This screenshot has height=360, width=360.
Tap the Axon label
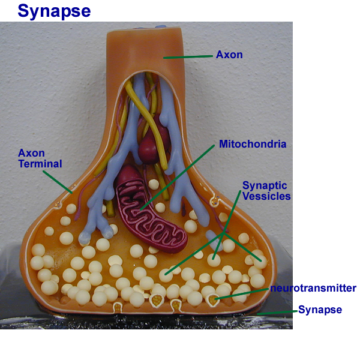[229, 55]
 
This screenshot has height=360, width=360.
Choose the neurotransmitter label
[313, 289]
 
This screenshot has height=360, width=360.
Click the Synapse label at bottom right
[320, 310]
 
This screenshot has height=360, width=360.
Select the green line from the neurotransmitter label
[243, 293]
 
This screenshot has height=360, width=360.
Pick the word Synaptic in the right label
[265, 186]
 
